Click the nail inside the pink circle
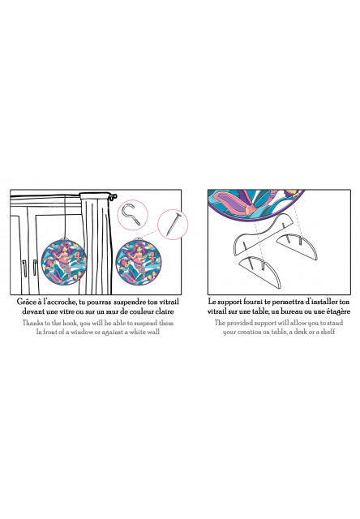[x=174, y=224]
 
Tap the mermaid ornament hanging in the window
[x=64, y=261]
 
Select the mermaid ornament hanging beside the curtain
[x=139, y=261]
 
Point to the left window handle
[x=24, y=268]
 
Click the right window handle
[x=34, y=268]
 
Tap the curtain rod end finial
[x=114, y=196]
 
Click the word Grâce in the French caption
[x=26, y=302]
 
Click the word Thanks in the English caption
[x=32, y=323]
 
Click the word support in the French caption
[x=229, y=302]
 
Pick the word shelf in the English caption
[x=328, y=332]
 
